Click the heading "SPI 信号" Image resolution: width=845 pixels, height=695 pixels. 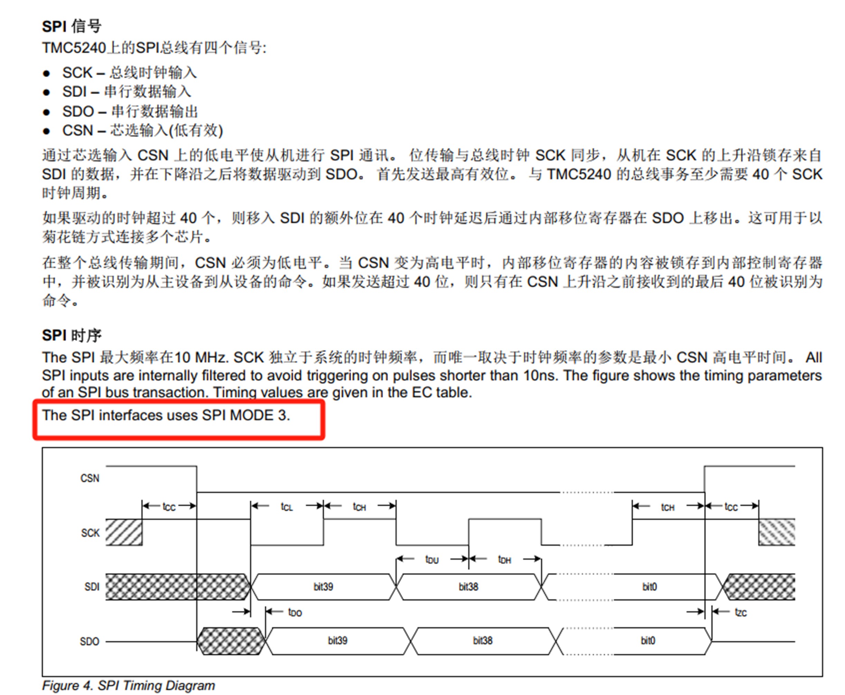pyautogui.click(x=72, y=26)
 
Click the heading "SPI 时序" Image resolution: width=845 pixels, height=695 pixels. pyautogui.click(x=72, y=335)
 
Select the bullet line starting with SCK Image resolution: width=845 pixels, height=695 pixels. pyautogui.click(x=129, y=73)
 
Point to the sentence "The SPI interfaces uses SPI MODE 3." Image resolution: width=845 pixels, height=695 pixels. pyautogui.click(x=166, y=415)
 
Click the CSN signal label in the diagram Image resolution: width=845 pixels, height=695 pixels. pyautogui.click(x=90, y=478)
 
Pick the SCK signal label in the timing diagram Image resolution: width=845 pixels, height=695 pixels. pyautogui.click(x=90, y=533)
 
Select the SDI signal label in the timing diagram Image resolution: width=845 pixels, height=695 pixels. pyautogui.click(x=92, y=587)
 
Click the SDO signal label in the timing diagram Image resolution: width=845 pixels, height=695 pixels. pyautogui.click(x=89, y=641)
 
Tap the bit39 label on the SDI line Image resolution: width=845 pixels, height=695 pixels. pyautogui.click(x=323, y=587)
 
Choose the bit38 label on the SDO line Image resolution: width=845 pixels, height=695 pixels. pyautogui.click(x=482, y=640)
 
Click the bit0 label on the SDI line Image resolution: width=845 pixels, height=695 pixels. pyautogui.click(x=649, y=587)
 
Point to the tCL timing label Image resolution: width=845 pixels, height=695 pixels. pyautogui.click(x=287, y=507)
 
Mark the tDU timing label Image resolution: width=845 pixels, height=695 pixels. pyautogui.click(x=432, y=559)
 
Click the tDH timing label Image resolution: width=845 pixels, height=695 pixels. pyautogui.click(x=504, y=559)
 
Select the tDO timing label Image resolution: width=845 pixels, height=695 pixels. pyautogui.click(x=295, y=612)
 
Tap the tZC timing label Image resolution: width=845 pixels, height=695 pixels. pyautogui.click(x=741, y=612)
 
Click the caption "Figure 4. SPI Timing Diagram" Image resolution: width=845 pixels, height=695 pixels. pyautogui.click(x=129, y=685)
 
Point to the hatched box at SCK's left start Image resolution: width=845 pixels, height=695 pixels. pyautogui.click(x=124, y=532)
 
